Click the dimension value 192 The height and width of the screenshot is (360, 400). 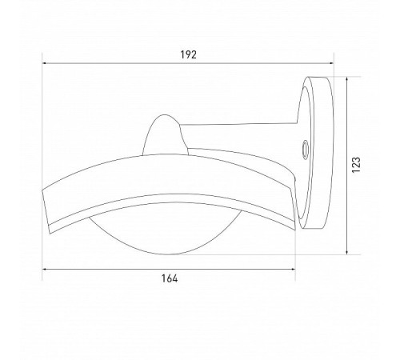(188, 54)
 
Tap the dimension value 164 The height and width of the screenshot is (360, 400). (170, 278)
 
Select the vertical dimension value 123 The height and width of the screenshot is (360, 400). (356, 165)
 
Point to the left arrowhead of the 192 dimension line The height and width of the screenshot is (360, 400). (45, 63)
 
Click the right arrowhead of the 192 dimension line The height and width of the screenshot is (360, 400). (331, 63)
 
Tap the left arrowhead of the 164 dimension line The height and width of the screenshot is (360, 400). (45, 269)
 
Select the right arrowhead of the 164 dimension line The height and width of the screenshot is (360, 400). (293, 269)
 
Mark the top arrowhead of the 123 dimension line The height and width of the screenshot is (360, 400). (346, 79)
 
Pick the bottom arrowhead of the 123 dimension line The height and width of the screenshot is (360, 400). (346, 252)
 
